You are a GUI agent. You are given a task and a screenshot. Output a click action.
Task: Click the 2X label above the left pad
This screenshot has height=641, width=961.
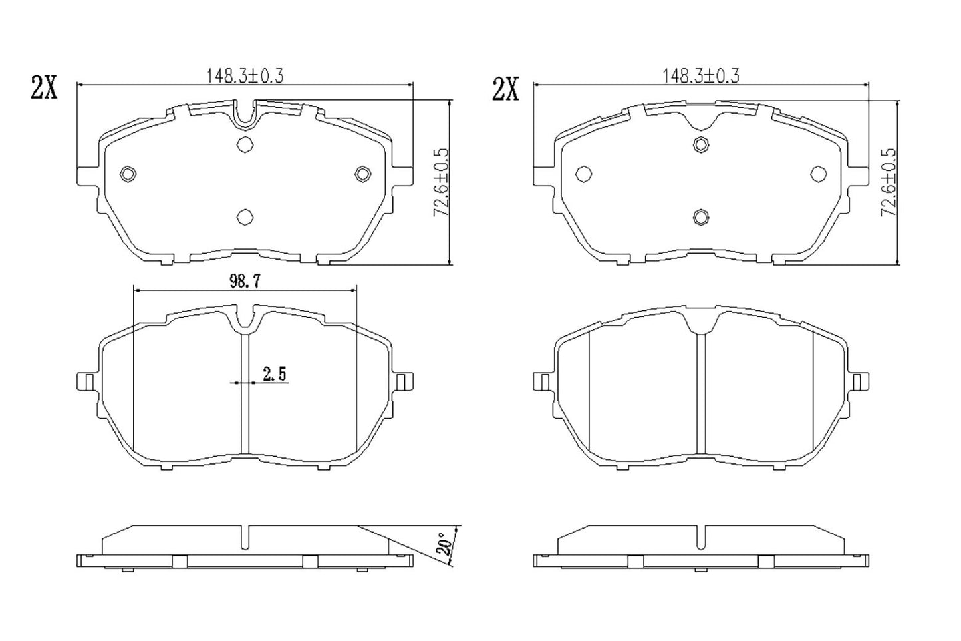point(45,88)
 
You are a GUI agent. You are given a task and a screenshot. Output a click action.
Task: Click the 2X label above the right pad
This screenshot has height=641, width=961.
point(505,88)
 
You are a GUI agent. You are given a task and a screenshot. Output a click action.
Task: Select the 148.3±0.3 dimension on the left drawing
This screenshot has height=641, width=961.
point(245,76)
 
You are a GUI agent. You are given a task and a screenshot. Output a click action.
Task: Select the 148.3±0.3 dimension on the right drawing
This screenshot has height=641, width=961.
point(700,76)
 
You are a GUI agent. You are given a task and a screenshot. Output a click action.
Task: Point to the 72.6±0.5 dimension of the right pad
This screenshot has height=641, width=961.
point(888,182)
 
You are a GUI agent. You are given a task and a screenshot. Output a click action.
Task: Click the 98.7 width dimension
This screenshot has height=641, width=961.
point(244,281)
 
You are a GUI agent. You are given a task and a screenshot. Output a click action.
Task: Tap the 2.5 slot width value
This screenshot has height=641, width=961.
point(274,375)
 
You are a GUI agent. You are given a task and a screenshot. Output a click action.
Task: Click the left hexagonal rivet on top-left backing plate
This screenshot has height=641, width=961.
point(128,174)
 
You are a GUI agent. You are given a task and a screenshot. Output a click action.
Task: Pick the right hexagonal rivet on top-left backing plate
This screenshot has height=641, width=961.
point(362,174)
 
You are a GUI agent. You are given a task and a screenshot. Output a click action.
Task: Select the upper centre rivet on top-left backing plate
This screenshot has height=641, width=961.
point(245,144)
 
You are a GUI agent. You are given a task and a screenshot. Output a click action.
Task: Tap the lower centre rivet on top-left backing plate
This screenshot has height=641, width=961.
point(245,216)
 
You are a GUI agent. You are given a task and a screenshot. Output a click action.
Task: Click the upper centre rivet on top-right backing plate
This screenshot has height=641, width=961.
point(700,144)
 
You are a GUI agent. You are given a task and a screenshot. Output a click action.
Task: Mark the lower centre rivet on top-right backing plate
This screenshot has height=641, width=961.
point(700,216)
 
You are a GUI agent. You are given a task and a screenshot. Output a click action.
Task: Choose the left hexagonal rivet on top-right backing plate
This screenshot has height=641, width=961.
point(583,174)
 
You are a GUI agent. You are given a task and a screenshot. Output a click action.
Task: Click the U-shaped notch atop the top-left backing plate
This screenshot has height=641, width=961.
point(245,114)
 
